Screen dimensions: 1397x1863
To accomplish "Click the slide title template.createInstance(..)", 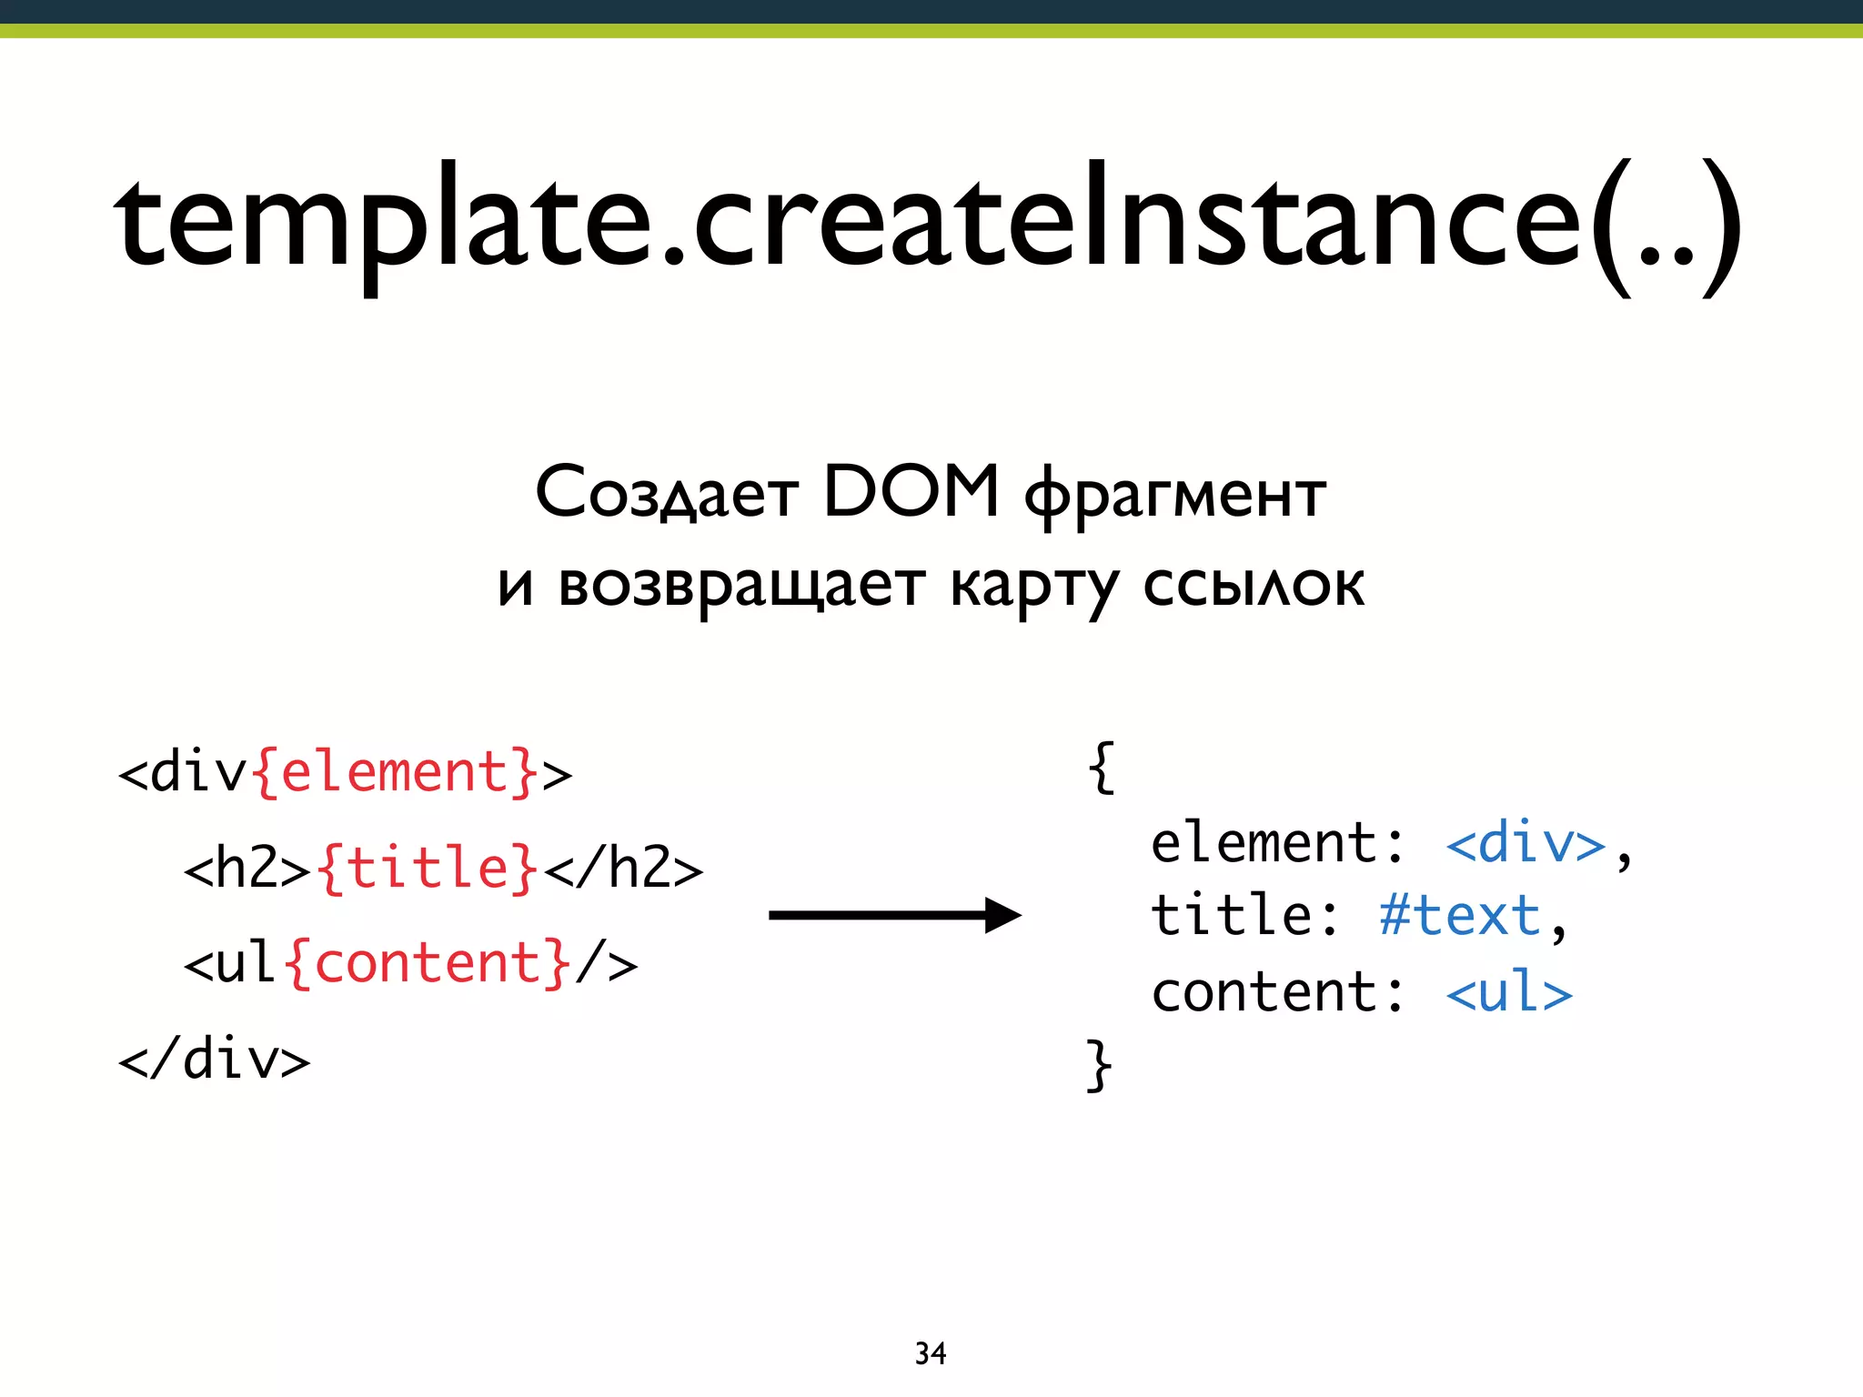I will (926, 223).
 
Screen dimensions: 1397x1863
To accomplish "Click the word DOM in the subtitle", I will (911, 492).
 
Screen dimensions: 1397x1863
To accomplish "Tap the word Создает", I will (667, 494).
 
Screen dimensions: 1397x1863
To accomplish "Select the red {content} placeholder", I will (428, 963).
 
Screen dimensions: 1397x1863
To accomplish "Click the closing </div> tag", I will (215, 1060).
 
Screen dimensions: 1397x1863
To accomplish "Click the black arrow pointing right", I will (895, 915).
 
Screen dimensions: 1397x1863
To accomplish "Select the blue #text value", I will (1459, 916).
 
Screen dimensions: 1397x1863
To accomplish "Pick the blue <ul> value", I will (1509, 992).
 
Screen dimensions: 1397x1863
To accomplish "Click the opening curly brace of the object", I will (1101, 769).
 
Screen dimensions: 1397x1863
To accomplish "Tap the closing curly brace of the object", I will (1100, 1064).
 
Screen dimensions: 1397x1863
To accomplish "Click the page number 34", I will (930, 1353).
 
